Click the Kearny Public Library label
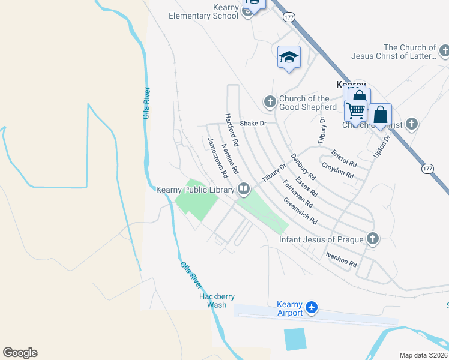[194, 190]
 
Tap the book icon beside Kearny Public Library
[244, 190]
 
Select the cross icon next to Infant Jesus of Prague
[373, 239]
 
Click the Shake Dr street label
[252, 123]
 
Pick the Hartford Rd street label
[232, 130]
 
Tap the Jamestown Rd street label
[217, 158]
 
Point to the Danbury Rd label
[303, 167]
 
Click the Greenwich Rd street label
[300, 211]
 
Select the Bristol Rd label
[344, 159]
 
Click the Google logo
[20, 353]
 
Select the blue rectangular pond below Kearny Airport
[294, 339]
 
